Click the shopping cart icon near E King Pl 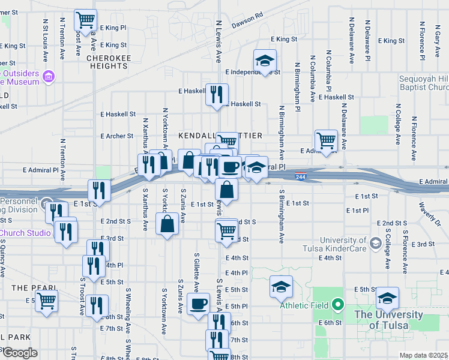pos(85,20)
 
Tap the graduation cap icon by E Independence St pos(264,61)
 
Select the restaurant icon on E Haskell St pos(217,94)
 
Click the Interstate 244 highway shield pos(302,175)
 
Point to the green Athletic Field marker pos(337,305)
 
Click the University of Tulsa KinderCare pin pos(376,243)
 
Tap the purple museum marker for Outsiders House pos(49,77)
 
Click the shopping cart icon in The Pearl pos(46,301)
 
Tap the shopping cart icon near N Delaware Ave pos(326,141)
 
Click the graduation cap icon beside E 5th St pos(280,287)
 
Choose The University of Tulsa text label pos(381,320)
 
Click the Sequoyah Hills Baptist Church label pos(424,83)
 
